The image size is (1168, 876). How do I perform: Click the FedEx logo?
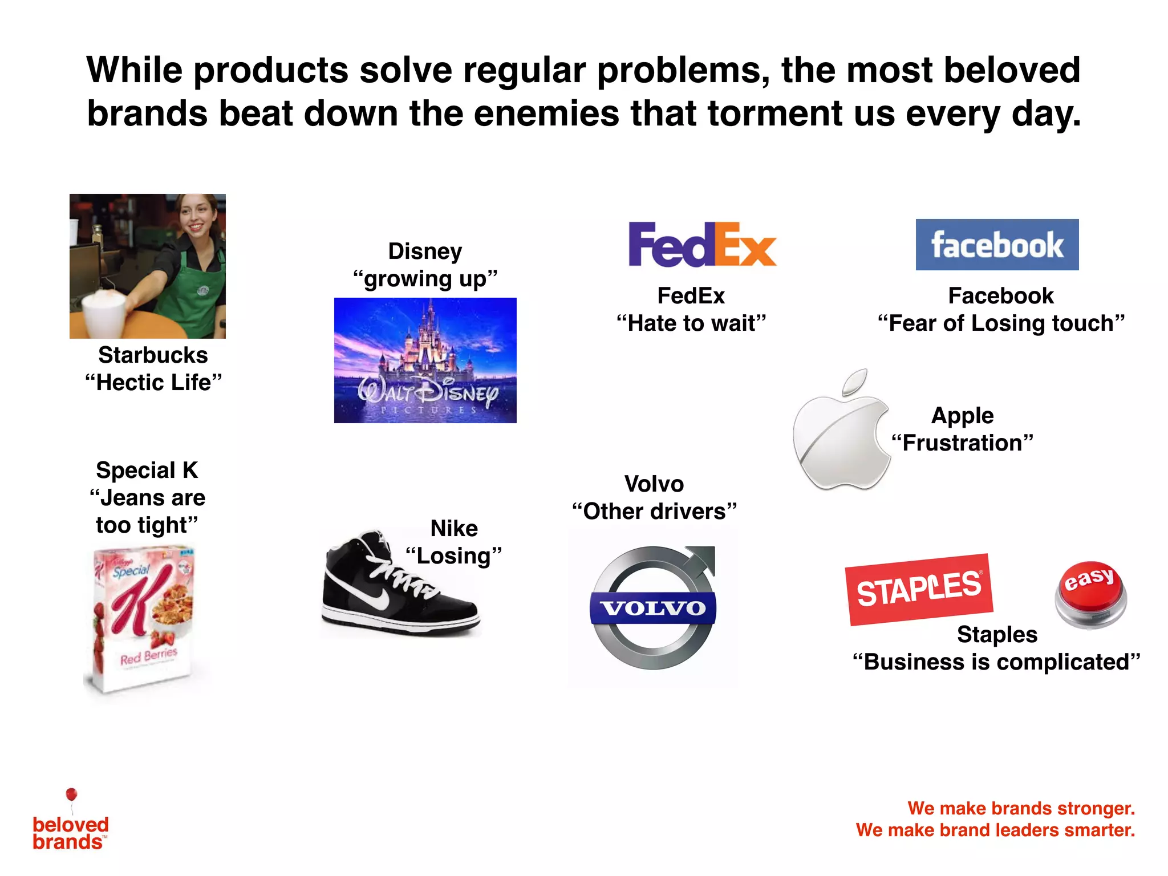[701, 245]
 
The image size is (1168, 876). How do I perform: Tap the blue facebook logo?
[997, 245]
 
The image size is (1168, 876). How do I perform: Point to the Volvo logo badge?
[653, 608]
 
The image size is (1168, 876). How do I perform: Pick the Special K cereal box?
[143, 619]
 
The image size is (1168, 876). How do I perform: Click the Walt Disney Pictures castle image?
[425, 360]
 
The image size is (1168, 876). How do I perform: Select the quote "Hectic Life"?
[153, 383]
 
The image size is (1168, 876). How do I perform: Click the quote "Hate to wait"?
[691, 323]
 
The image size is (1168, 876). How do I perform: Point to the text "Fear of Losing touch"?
[1001, 323]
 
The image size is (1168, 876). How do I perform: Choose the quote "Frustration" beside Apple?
[962, 443]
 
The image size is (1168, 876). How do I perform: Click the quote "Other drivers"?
[654, 512]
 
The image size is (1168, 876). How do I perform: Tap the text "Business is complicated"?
[996, 662]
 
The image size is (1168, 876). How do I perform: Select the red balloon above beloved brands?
[71, 794]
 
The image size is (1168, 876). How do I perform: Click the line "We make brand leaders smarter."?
[995, 830]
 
